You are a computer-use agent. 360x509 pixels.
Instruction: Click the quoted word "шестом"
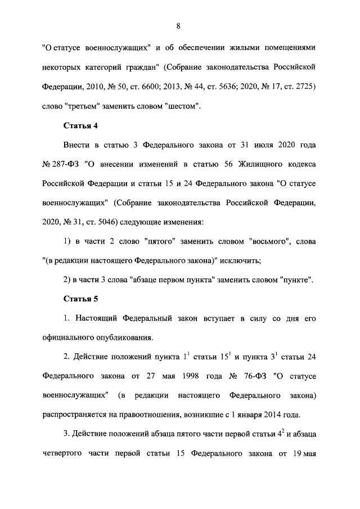pyautogui.click(x=182, y=105)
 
